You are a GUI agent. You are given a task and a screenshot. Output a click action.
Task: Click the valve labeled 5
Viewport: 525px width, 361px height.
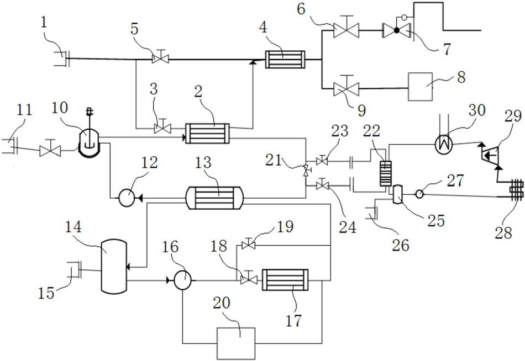click(x=160, y=58)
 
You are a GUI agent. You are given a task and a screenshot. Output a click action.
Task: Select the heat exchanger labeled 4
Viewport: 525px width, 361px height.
click(x=285, y=60)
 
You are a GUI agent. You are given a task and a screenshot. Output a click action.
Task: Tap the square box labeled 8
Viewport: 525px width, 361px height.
click(x=420, y=87)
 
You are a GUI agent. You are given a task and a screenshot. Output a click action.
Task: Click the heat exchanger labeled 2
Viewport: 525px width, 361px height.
click(x=208, y=134)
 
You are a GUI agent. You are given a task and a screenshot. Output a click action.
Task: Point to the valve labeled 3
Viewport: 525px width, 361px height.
click(x=162, y=127)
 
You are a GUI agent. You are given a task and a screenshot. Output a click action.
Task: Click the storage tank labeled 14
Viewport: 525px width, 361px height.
click(x=114, y=267)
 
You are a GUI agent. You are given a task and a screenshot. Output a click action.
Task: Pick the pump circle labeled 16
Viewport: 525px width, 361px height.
click(x=183, y=280)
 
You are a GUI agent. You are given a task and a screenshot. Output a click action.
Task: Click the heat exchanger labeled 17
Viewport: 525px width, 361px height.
click(x=285, y=280)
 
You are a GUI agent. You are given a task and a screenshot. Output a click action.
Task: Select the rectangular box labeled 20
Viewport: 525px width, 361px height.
click(x=236, y=343)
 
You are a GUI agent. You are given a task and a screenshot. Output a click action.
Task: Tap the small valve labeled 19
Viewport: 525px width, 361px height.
click(x=249, y=245)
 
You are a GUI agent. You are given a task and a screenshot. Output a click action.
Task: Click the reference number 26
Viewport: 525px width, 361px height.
click(x=401, y=245)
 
